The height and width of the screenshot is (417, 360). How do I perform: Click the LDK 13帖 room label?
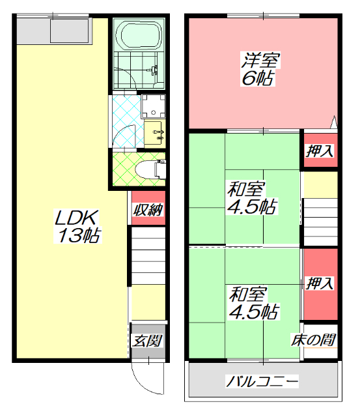tap(76, 225)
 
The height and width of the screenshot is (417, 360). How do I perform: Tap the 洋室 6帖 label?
tap(261, 69)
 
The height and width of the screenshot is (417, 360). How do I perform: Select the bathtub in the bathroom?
tap(137, 35)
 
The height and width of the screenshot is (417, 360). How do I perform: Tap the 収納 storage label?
tap(148, 209)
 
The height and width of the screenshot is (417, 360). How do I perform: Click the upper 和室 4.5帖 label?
tap(251, 198)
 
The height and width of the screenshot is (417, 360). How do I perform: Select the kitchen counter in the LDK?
tap(53, 30)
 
